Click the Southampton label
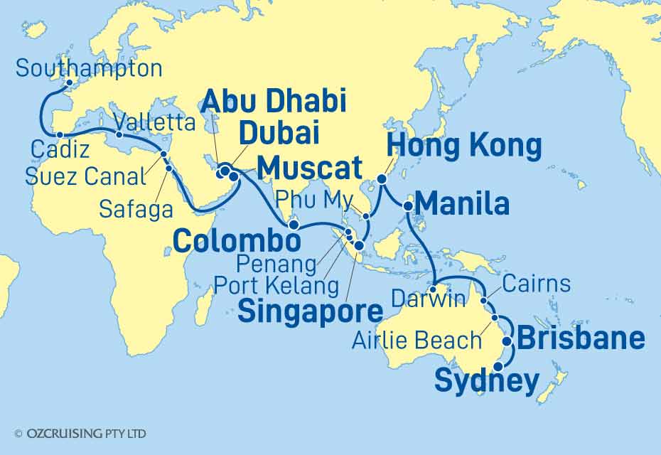[x=89, y=69]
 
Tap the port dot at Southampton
[x=69, y=83]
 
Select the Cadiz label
[x=59, y=151]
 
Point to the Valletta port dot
[x=119, y=134]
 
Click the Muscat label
[x=309, y=169]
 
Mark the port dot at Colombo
[x=293, y=224]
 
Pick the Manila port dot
[x=408, y=206]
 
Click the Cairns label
[x=535, y=284]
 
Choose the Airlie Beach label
[x=417, y=340]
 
